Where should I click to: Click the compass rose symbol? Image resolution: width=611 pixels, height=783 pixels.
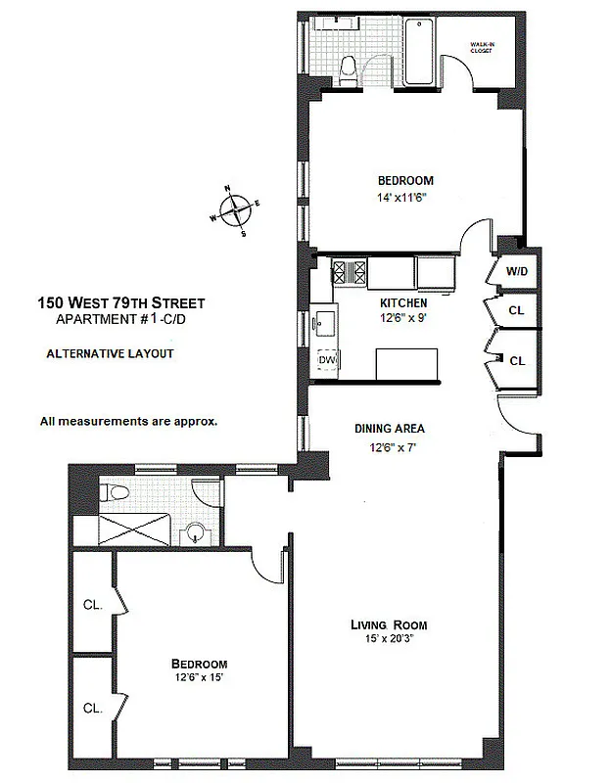tap(235, 209)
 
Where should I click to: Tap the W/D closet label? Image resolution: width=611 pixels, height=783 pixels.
tap(516, 271)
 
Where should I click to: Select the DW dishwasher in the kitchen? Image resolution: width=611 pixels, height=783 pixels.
tap(326, 361)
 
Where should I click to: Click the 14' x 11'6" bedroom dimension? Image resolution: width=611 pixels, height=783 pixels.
tap(405, 199)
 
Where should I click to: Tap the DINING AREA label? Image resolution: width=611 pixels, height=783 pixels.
tap(390, 428)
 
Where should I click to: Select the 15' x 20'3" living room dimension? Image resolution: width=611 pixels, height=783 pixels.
tap(390, 640)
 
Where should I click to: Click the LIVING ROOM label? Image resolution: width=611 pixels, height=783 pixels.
tap(390, 624)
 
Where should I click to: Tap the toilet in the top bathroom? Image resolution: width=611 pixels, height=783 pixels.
tap(349, 65)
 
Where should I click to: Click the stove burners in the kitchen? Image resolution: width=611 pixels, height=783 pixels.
tap(349, 270)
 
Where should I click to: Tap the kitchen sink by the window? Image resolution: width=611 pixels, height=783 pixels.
tap(324, 319)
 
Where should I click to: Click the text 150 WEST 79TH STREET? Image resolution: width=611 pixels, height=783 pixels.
tap(120, 302)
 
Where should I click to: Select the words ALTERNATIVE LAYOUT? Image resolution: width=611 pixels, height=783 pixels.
tap(110, 353)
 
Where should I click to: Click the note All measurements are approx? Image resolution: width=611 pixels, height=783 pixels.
tap(128, 422)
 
